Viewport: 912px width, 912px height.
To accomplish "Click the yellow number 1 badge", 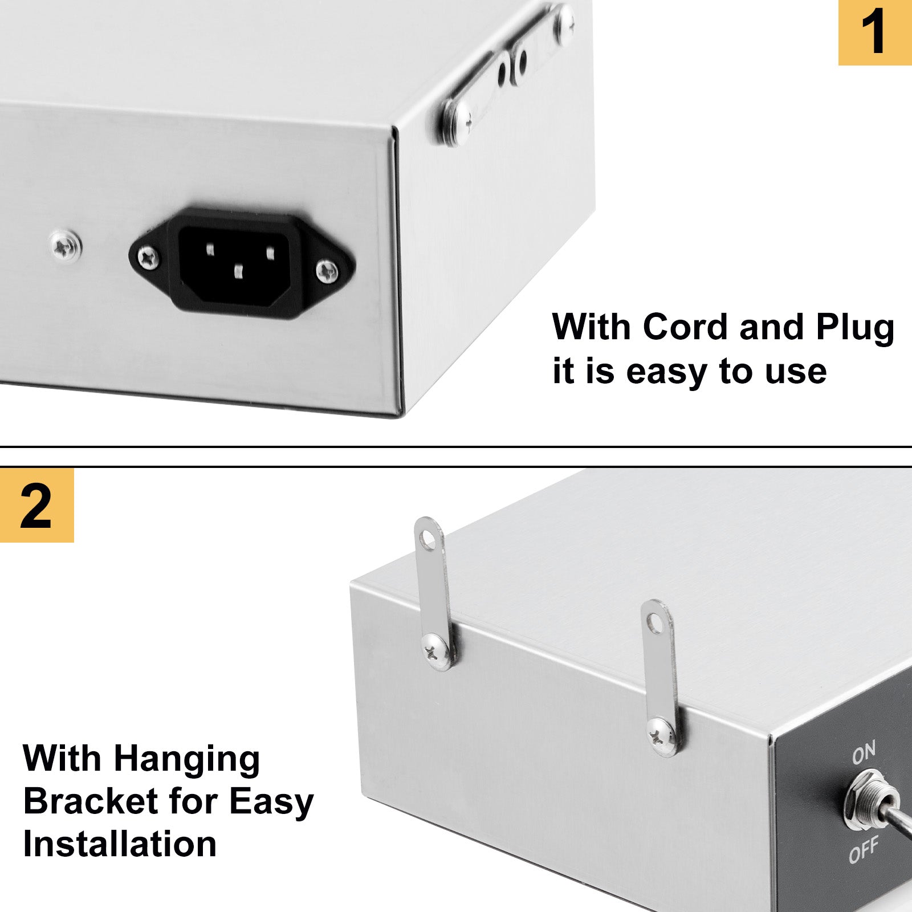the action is (x=875, y=32).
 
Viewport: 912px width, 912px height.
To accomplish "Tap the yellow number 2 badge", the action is (x=37, y=505).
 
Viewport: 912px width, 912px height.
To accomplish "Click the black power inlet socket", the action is (x=242, y=263).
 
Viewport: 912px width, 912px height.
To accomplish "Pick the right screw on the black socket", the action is (x=327, y=271).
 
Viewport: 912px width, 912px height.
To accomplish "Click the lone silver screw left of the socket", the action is (x=66, y=246).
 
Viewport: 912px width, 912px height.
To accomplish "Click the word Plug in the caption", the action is (x=855, y=329).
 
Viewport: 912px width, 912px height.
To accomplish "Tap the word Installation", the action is (x=120, y=844).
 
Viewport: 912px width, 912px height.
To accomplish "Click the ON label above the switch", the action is (x=864, y=754).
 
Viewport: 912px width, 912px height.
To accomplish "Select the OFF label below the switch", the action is (x=864, y=850).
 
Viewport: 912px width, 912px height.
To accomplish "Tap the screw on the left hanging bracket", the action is (x=437, y=652).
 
